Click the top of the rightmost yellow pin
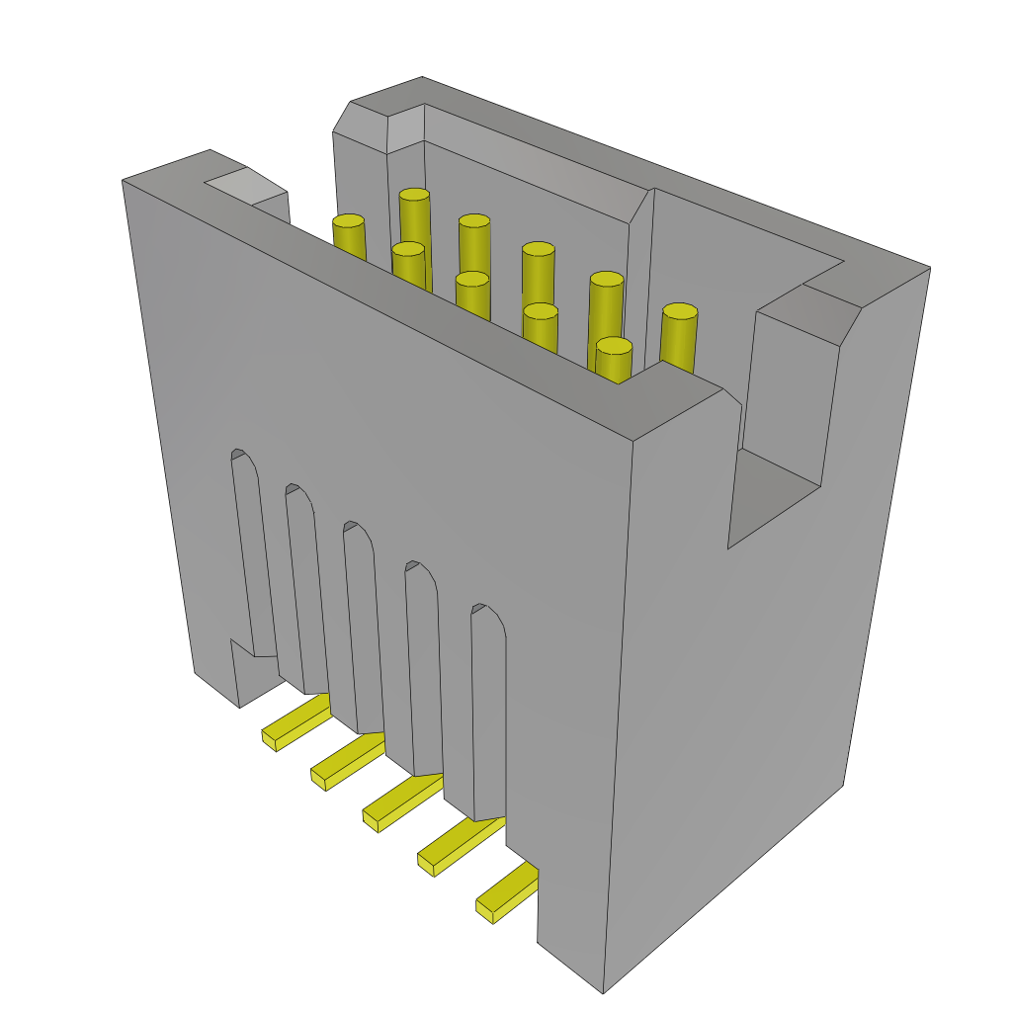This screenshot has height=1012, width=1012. click(680, 311)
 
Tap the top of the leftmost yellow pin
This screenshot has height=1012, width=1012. click(348, 220)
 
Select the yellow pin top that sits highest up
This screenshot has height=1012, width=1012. click(414, 195)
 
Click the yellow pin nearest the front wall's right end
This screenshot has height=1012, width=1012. click(614, 346)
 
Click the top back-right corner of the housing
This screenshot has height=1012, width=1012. click(928, 268)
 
